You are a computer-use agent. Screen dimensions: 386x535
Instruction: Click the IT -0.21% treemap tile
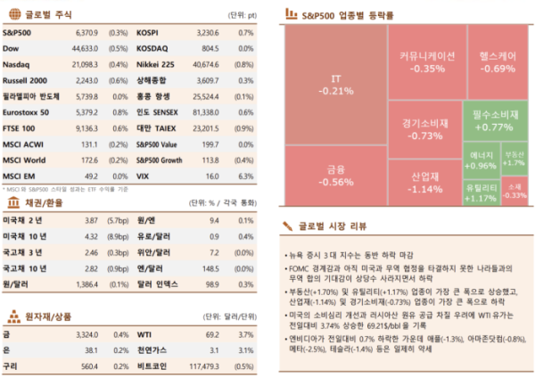coord(335,85)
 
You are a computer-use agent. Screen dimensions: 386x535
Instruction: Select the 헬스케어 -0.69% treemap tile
coord(498,62)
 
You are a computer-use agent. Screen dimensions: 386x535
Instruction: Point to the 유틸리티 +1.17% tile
coord(481,192)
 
